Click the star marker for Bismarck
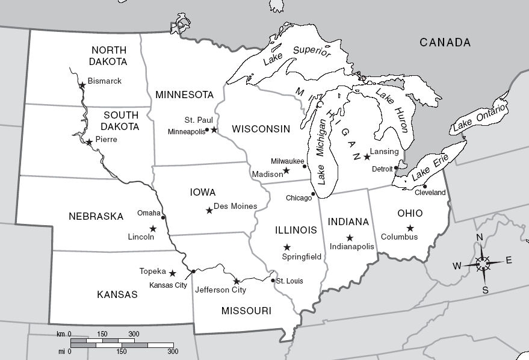pos(82,85)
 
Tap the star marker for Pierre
pos(89,142)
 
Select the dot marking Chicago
pos(313,194)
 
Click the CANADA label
pos(445,43)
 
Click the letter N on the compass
pos(480,237)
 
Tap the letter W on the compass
pos(457,265)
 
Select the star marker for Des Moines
pos(209,210)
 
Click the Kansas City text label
pos(168,285)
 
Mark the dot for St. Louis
pos(273,281)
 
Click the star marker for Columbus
pos(410,228)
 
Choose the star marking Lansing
pos(367,157)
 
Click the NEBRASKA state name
pos(96,216)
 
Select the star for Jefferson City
pos(236,281)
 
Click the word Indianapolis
pos(352,246)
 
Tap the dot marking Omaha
pos(163,217)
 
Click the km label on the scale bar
pos(60,334)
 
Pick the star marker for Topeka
pos(173,273)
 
